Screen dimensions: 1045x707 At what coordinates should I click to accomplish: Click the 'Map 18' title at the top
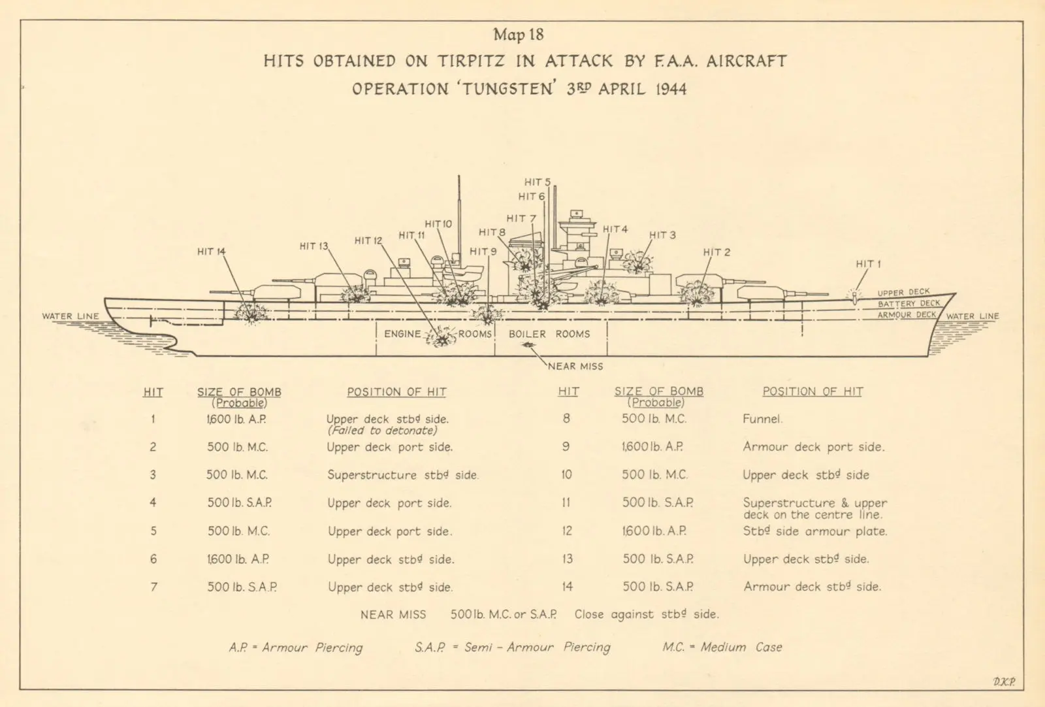519,35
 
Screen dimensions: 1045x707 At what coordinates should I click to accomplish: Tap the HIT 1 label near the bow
868,264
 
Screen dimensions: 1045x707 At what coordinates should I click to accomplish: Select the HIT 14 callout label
212,252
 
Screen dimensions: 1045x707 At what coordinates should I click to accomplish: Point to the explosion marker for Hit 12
440,337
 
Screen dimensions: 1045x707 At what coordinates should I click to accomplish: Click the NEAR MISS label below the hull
575,367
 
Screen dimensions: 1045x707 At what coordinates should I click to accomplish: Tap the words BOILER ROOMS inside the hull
549,334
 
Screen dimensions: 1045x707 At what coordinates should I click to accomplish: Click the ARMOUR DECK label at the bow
907,315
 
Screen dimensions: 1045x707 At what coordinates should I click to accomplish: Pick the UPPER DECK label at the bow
904,293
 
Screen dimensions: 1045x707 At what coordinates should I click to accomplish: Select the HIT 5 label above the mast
538,182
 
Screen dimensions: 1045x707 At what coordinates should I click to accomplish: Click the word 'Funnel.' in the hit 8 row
762,419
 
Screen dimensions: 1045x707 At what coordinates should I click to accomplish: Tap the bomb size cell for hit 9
652,447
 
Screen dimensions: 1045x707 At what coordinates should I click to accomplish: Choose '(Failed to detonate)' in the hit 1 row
383,430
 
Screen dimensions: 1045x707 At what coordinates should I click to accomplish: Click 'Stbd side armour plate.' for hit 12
815,531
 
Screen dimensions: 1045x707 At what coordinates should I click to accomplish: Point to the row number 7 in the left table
154,587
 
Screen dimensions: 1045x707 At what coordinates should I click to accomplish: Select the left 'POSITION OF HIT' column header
396,392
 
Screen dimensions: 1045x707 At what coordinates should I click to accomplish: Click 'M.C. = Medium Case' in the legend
722,648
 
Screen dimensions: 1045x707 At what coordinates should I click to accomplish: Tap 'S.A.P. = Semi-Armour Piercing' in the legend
513,648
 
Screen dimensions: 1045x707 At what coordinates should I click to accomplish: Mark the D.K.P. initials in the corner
1004,682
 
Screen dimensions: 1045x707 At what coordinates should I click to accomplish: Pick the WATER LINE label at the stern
71,316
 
